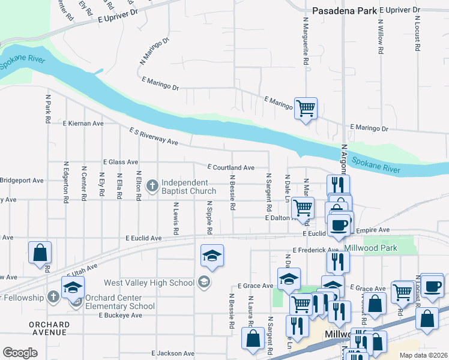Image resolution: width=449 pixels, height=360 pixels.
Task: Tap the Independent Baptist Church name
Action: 185,187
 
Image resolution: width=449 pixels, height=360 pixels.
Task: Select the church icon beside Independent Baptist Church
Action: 152,184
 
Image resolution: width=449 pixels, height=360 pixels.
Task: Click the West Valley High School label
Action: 149,283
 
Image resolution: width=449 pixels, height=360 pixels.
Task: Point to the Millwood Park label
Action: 371,248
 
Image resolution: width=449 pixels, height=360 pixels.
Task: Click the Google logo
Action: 20,353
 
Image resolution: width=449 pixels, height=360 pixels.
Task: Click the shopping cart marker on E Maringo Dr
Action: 306,109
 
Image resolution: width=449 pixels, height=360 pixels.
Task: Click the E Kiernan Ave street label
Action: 83,123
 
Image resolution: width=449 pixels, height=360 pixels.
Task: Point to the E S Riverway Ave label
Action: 154,136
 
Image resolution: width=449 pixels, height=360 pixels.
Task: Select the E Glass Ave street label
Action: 121,162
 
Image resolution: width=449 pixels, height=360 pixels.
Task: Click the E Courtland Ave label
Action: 231,167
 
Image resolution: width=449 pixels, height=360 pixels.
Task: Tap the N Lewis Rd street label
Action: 176,218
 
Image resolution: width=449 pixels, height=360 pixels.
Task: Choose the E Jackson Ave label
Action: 173,353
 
